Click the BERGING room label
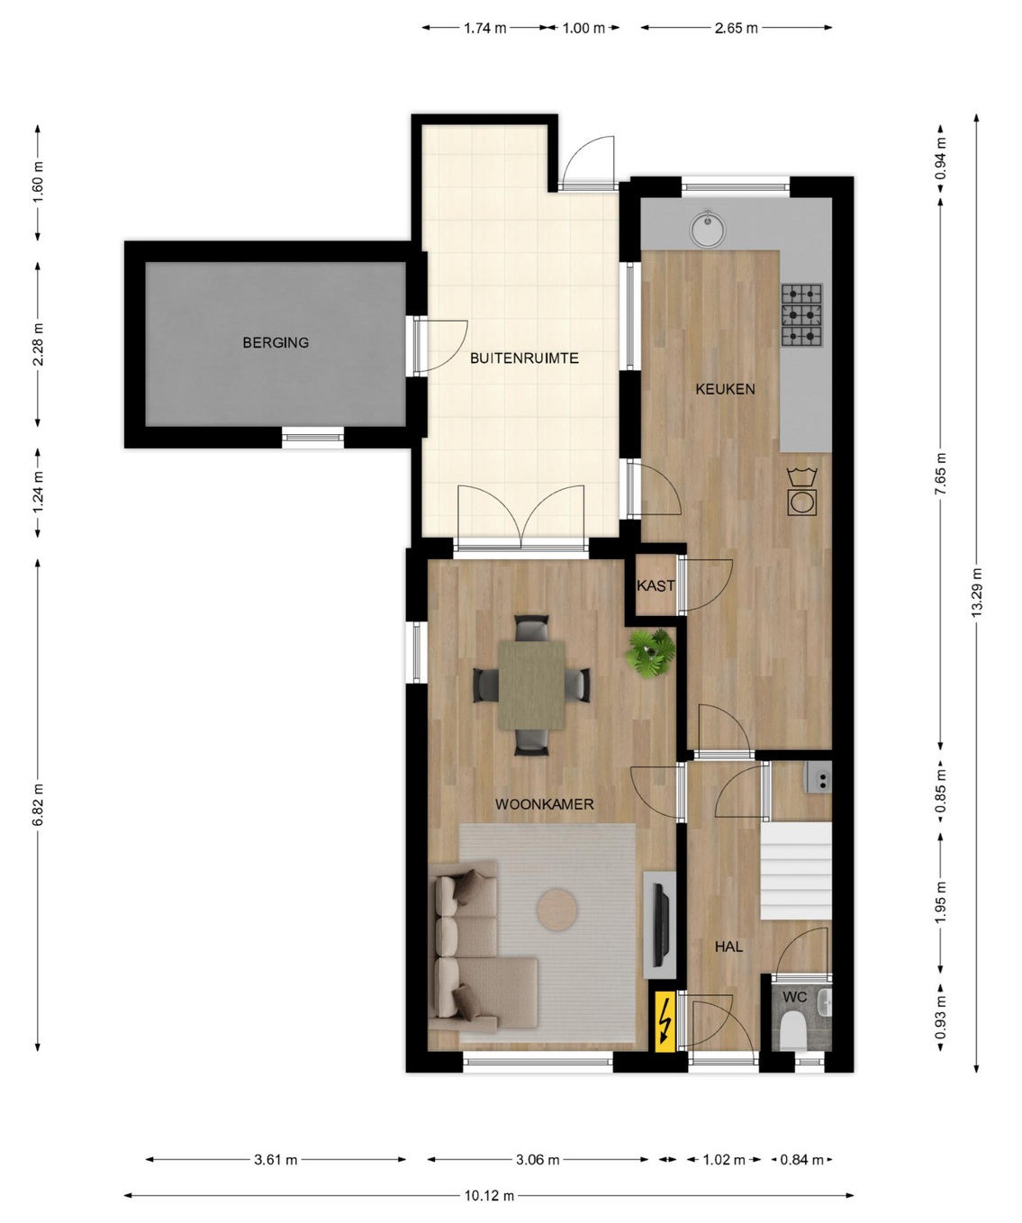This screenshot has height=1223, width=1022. pyautogui.click(x=276, y=342)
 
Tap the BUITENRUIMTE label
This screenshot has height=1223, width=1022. pyautogui.click(x=524, y=358)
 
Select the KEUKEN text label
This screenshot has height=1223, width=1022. pyautogui.click(x=725, y=389)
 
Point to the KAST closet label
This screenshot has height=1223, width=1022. pyautogui.click(x=656, y=585)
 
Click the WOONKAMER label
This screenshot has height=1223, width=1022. pyautogui.click(x=544, y=804)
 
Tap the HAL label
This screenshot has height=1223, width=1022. pyautogui.click(x=728, y=947)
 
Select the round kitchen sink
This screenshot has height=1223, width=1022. pyautogui.click(x=708, y=228)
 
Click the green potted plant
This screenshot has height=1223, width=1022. pyautogui.click(x=650, y=653)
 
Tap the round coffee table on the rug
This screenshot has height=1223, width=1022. pyautogui.click(x=557, y=909)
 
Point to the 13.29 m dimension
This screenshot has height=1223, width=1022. pyautogui.click(x=976, y=593)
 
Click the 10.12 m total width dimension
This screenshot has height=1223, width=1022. pyautogui.click(x=489, y=1195)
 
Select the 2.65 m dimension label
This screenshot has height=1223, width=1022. pyautogui.click(x=737, y=28)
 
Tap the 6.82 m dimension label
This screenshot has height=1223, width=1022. pyautogui.click(x=38, y=805)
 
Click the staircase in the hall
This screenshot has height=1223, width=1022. pyautogui.click(x=795, y=870)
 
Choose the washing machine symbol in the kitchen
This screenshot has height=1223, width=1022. pyautogui.click(x=801, y=492)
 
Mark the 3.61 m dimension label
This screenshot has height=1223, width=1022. pyautogui.click(x=276, y=1159)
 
